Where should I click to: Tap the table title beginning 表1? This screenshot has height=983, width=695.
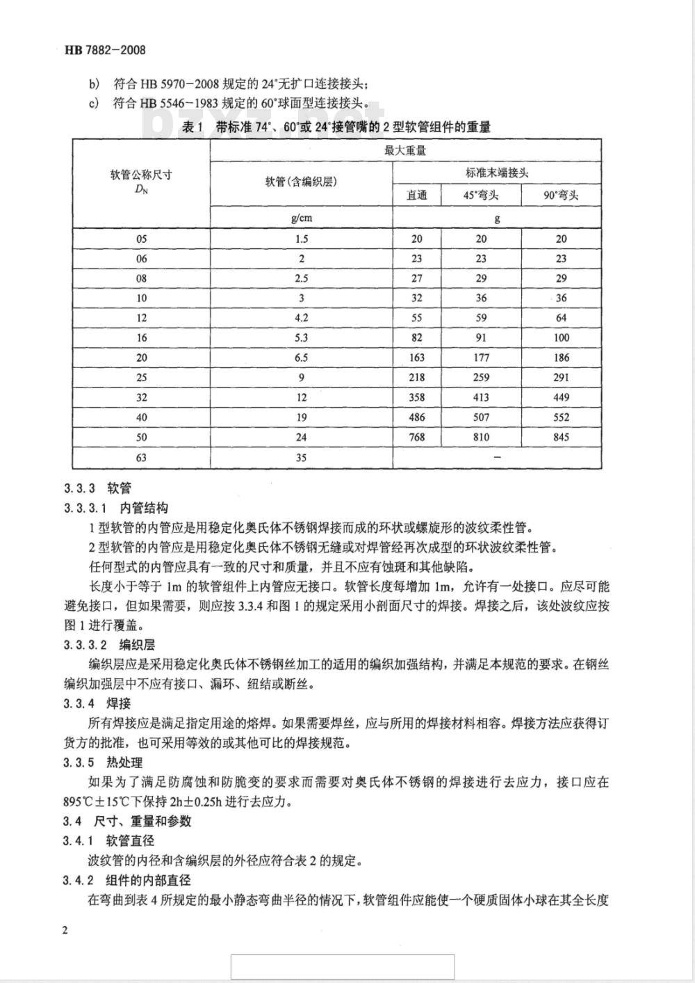pyautogui.click(x=336, y=127)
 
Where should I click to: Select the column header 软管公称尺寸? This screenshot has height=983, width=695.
pyautogui.click(x=141, y=175)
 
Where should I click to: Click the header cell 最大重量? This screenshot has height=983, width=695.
pyautogui.click(x=405, y=150)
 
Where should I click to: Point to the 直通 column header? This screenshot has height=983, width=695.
pyautogui.click(x=417, y=195)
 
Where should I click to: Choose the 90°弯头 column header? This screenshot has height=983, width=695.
pyautogui.click(x=561, y=195)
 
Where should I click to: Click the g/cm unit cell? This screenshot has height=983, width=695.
pyautogui.click(x=301, y=218)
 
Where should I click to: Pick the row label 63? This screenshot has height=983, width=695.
pyautogui.click(x=142, y=458)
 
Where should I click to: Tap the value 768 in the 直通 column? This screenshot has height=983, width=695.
pyautogui.click(x=417, y=438)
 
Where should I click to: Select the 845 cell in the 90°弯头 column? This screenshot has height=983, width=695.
pyautogui.click(x=561, y=438)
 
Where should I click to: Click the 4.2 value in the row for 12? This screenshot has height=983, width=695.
pyautogui.click(x=301, y=318)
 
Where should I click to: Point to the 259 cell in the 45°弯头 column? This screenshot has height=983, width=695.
pyautogui.click(x=481, y=378)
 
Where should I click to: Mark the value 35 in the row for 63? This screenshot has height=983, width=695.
pyautogui.click(x=301, y=458)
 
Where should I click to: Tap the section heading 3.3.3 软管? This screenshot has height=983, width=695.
pyautogui.click(x=97, y=488)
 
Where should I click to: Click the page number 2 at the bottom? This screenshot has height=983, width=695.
pyautogui.click(x=65, y=932)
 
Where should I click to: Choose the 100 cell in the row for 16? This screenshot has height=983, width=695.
pyautogui.click(x=561, y=338)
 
